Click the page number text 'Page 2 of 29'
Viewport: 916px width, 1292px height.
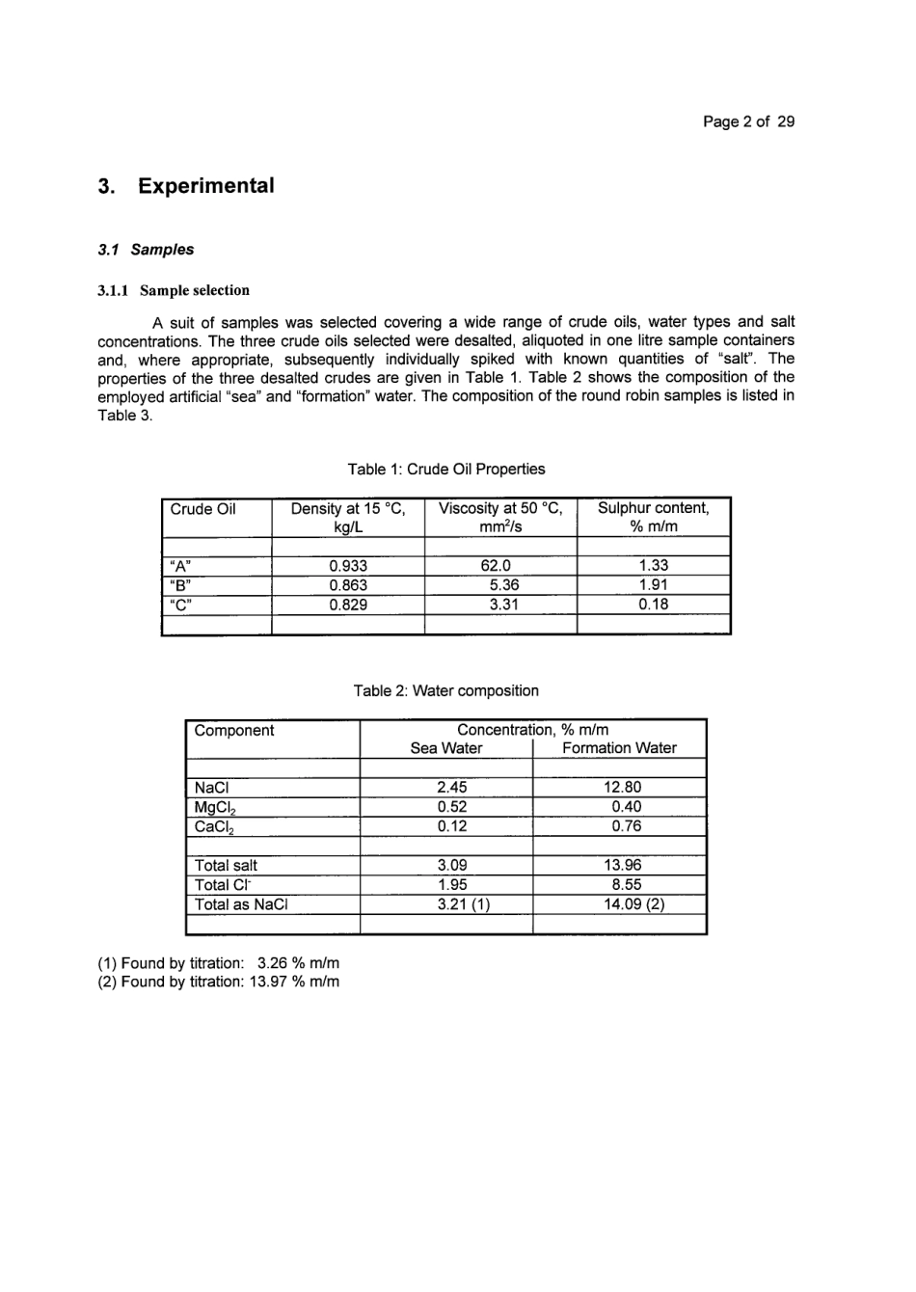click(748, 121)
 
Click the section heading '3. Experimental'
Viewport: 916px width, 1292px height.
click(186, 186)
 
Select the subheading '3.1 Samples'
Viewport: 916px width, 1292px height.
click(146, 250)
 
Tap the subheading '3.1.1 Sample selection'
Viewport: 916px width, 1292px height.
click(174, 290)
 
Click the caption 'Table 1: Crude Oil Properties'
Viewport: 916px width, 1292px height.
click(446, 470)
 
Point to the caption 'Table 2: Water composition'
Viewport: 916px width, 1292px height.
click(445, 691)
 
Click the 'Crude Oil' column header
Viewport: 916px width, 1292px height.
click(202, 509)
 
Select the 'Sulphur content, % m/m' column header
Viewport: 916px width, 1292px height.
click(653, 517)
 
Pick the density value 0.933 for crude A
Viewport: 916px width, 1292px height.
click(348, 566)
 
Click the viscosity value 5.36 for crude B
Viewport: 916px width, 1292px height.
click(504, 585)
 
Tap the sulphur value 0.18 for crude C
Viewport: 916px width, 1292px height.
click(653, 605)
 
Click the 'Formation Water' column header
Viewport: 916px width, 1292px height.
click(619, 748)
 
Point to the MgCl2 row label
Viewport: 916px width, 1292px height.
click(215, 808)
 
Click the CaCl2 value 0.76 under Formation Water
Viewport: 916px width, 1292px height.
click(626, 826)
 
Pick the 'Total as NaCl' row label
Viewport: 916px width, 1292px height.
click(241, 904)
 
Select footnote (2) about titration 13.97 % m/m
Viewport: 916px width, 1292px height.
click(219, 982)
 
